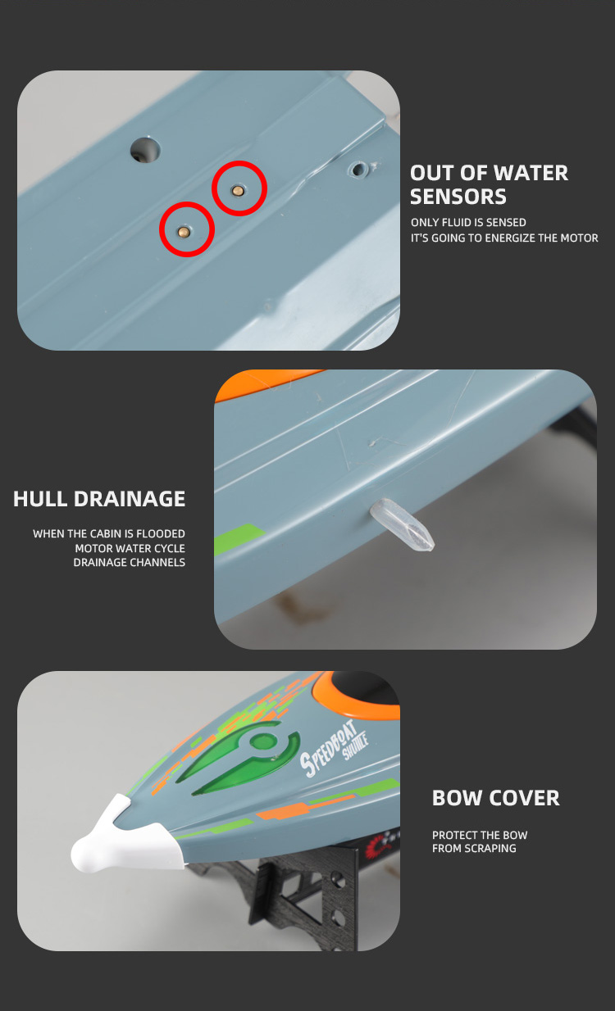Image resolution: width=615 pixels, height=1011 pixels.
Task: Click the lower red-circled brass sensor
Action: pos(184,232)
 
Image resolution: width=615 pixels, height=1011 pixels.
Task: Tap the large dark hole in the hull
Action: pos(145,150)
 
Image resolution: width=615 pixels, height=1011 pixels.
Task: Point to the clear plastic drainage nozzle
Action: pos(402,524)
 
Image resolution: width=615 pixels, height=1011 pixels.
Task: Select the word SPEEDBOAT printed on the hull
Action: pos(329,748)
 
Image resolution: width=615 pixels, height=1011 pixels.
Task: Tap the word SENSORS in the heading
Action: pos(458,197)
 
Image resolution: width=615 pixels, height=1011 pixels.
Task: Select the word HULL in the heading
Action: pos(40,499)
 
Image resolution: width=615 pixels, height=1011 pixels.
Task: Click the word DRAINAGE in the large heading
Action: pos(130,499)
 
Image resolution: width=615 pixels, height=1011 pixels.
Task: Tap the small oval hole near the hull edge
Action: pos(358,170)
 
